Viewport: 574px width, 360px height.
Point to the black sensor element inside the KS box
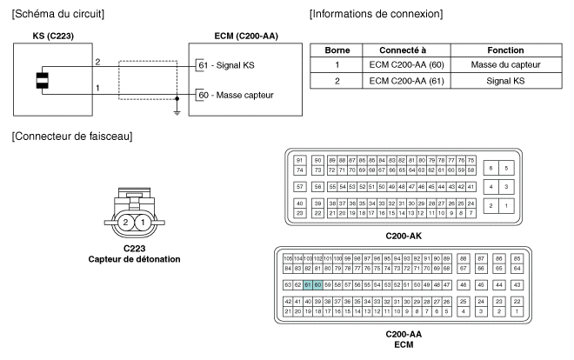point(41,82)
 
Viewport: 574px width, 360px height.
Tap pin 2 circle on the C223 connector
point(127,223)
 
